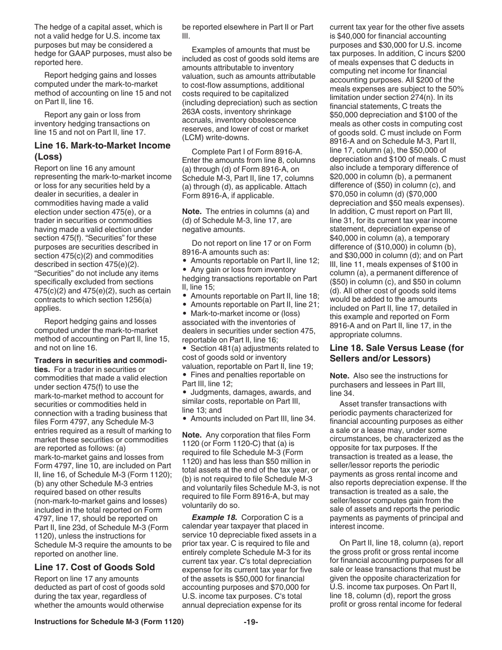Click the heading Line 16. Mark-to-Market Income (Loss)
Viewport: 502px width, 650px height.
tap(103, 151)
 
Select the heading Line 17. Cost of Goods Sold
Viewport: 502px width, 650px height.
tap(95, 567)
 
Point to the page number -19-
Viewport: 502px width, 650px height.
tap(251, 622)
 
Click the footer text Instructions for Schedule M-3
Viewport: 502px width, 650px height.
tap(109, 622)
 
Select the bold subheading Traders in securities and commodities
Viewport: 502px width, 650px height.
tap(100, 365)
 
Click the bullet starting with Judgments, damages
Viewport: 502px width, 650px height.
tap(250, 392)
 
